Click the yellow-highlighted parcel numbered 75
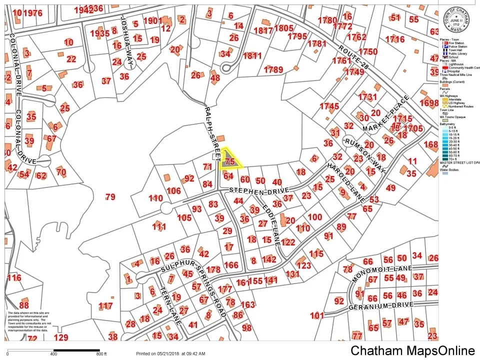(x=230, y=161)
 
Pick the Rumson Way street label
(x=364, y=155)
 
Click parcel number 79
(x=110, y=197)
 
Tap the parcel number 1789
(x=273, y=69)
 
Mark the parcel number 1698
(x=429, y=103)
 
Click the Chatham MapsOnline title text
(x=412, y=350)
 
